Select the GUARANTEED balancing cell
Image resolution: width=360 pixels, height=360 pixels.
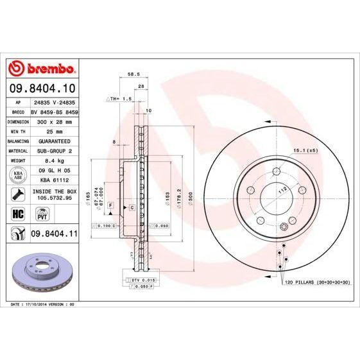(x=53, y=140)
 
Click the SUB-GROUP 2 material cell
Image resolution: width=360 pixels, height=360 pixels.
(x=53, y=150)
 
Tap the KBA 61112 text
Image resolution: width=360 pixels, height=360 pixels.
(x=53, y=181)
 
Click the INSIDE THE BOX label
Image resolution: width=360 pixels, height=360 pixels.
(x=55, y=191)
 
